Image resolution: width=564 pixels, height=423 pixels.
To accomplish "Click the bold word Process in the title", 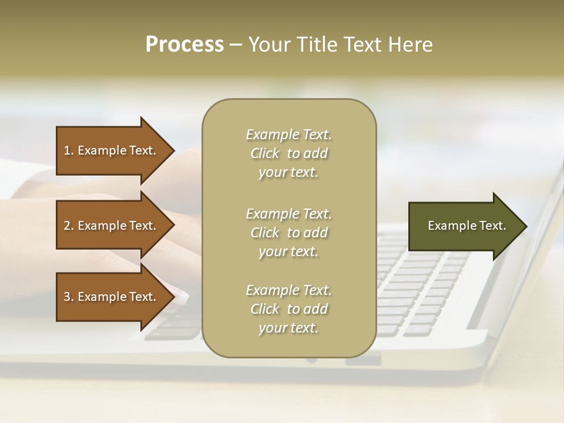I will pos(184,45).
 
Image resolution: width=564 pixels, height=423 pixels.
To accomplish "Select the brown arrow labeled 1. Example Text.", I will pos(112,150).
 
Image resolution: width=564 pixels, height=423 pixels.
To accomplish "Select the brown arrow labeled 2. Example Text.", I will pos(112,226).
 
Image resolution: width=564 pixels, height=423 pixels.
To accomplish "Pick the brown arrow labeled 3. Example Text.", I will pos(112,297).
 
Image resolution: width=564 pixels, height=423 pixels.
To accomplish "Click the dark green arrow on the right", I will pos(464,226).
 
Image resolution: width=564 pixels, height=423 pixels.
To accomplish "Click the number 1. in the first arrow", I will pos(69,150).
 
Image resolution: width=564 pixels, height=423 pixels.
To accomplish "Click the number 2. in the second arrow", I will pos(69,226).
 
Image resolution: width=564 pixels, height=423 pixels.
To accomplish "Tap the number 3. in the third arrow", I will pos(69,297).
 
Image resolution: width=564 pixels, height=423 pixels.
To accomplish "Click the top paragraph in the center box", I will pos(288,153).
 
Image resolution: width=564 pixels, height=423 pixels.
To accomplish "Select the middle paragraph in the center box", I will pos(288,233).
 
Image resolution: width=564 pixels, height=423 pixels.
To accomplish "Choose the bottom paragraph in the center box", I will pos(288,309).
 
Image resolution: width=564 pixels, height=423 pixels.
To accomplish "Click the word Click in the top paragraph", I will pos(265,153).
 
